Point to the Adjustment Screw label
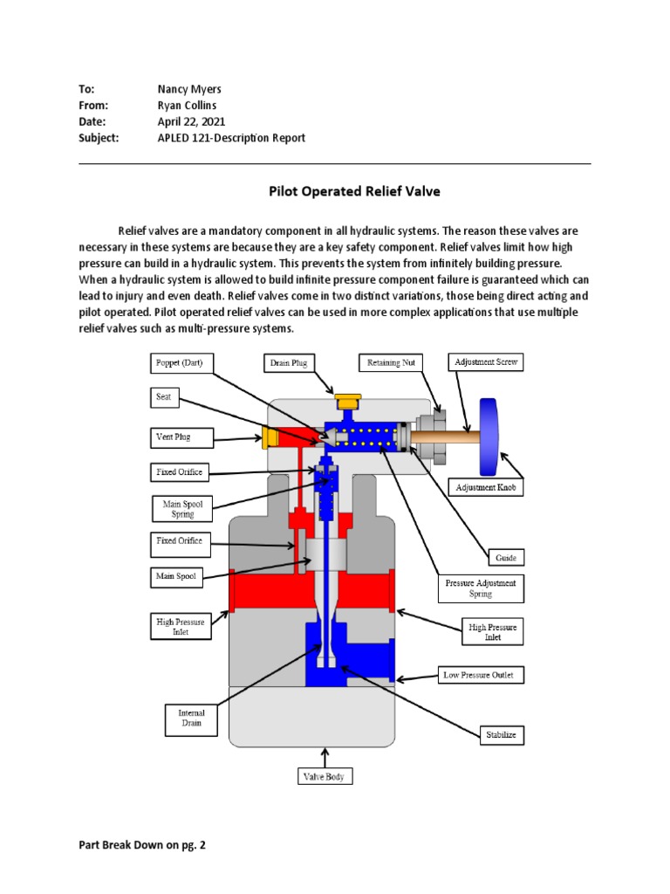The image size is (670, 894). click(486, 361)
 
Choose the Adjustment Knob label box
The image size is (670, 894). click(487, 487)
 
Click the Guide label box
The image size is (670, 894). click(505, 556)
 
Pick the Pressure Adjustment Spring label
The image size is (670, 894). click(481, 588)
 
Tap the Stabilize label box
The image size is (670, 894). click(502, 735)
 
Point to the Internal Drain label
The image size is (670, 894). click(190, 719)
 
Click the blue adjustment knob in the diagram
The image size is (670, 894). click(488, 435)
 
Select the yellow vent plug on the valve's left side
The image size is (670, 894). click(270, 438)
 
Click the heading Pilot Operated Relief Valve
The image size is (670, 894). click(335, 190)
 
